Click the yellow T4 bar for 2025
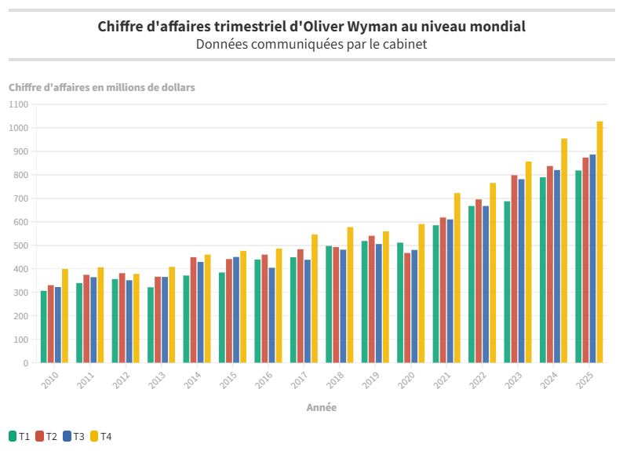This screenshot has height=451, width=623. pos(599,242)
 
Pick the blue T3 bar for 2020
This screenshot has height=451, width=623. pos(414,307)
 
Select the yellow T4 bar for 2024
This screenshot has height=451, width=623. pos(564,251)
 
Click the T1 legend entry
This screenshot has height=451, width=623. pos(19,436)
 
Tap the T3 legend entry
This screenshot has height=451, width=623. pos(74,436)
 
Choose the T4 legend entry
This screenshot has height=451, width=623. pos(101,436)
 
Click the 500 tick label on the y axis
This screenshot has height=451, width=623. pos(20,246)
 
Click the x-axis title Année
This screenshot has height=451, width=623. pos(322,408)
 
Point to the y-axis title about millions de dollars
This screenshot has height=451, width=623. pos(102,87)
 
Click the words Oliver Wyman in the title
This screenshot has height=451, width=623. pos(362,26)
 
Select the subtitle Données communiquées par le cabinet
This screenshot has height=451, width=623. pos(311,45)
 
